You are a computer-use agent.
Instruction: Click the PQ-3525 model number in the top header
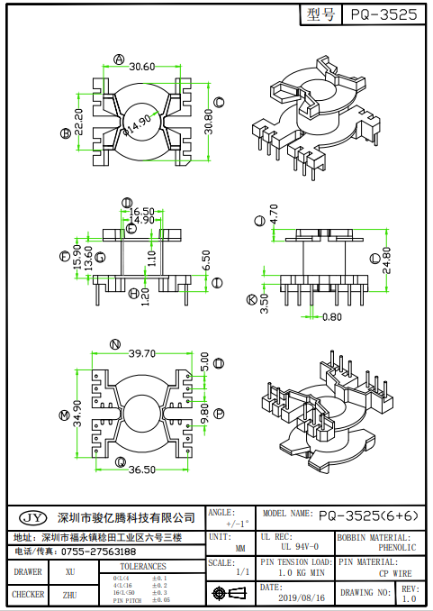[383, 14]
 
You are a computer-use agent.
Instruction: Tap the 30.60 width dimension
[142, 67]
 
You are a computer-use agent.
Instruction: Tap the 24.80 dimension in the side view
[387, 260]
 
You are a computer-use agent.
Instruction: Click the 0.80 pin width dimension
[332, 316]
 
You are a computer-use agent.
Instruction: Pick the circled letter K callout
[251, 300]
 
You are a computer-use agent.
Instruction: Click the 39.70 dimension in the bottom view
[142, 353]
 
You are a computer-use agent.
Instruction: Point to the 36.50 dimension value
[141, 470]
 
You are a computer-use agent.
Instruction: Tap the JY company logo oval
[32, 517]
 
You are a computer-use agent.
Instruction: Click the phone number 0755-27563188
[98, 551]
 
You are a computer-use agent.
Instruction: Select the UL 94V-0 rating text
[299, 546]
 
